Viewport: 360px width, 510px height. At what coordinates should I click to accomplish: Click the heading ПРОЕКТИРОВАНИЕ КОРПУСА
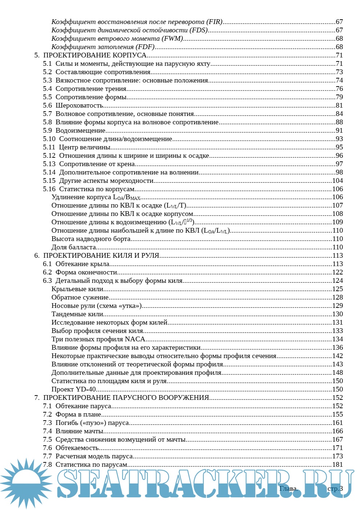click(95, 55)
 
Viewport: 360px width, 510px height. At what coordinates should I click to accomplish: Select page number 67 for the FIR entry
click(339, 22)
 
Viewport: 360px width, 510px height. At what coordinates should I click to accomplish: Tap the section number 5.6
click(47, 105)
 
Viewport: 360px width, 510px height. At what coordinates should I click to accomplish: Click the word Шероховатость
click(79, 105)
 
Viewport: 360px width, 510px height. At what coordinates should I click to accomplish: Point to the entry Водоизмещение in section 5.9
click(80, 130)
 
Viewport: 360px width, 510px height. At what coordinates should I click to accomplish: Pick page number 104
click(337, 181)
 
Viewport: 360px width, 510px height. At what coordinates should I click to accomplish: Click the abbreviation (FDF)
click(145, 47)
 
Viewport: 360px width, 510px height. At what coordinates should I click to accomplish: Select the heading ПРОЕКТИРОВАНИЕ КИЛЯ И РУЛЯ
click(101, 256)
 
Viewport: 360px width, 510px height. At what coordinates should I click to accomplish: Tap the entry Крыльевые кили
click(77, 289)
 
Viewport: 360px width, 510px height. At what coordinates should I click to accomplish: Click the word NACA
click(135, 339)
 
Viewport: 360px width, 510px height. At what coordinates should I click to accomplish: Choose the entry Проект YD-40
click(73, 389)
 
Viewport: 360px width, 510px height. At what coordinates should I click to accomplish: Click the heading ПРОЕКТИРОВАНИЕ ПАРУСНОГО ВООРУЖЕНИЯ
click(126, 398)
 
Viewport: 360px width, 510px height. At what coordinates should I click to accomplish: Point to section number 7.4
click(47, 431)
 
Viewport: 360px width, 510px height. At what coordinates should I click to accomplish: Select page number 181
click(337, 465)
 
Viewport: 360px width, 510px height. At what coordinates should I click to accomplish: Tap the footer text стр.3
click(335, 489)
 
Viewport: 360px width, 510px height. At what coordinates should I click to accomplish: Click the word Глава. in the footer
click(288, 489)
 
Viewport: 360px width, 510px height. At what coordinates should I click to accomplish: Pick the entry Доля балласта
click(74, 247)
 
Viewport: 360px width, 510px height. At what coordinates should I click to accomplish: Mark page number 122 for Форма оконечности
click(337, 272)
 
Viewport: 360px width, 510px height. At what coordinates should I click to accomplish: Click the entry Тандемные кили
click(77, 314)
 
